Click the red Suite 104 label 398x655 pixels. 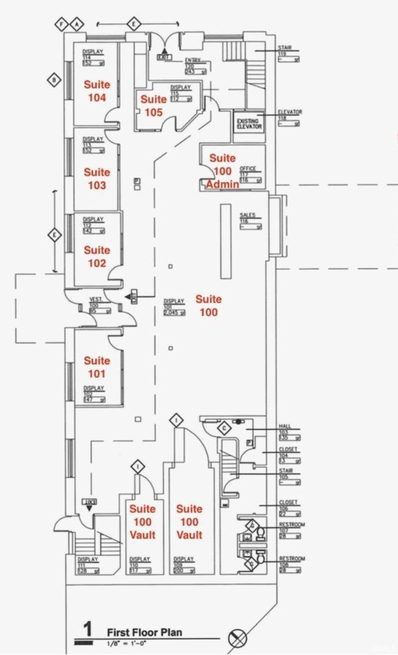97,91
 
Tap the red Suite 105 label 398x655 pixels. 154,106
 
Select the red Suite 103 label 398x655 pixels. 97,179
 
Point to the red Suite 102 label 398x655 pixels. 97,257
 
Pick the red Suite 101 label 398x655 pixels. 97,367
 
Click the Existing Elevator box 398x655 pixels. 249,124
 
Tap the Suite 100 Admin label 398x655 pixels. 223,171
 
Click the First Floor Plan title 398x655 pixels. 144,632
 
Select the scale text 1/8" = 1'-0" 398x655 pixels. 127,643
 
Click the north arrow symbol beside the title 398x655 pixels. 237,638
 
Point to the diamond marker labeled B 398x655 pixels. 54,81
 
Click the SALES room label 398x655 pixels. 248,215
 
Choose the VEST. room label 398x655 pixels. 96,299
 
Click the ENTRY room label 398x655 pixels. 193,60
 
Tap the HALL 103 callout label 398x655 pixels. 285,426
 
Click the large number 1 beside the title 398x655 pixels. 88,629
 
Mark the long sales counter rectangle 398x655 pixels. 226,241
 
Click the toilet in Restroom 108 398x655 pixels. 261,557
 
